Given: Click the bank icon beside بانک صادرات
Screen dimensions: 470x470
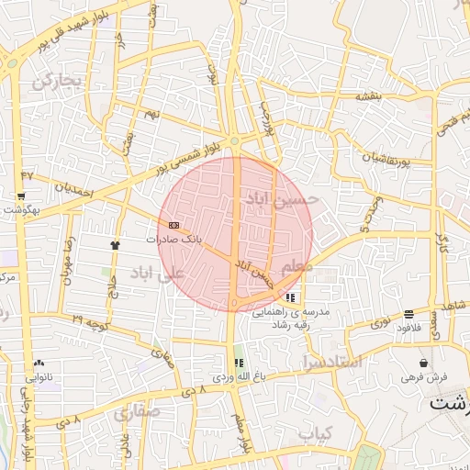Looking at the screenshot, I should tap(173, 225).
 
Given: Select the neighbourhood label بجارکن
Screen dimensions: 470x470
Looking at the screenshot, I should tap(57, 81).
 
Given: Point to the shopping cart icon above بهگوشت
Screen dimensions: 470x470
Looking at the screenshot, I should tap(20, 196).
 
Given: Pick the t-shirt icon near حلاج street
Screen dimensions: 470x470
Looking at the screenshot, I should tap(116, 245).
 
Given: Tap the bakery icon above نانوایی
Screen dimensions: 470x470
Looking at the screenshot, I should tap(39, 364).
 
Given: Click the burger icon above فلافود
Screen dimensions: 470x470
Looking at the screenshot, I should tap(408, 314).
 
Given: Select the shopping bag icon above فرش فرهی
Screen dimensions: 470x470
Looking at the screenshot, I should tap(422, 364).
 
